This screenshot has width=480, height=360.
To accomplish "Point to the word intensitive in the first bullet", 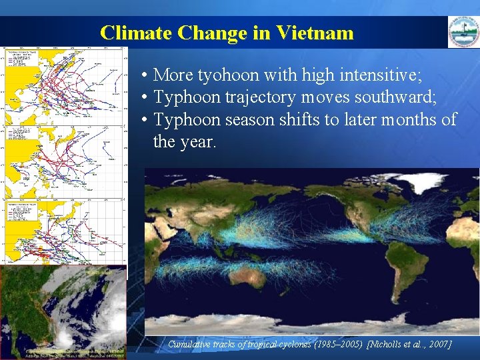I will point(378,74).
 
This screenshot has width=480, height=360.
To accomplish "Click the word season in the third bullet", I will point(253,120).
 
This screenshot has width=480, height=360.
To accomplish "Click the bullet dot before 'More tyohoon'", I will point(144,75).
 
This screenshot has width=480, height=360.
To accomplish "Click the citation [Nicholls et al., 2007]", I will point(409,344).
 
